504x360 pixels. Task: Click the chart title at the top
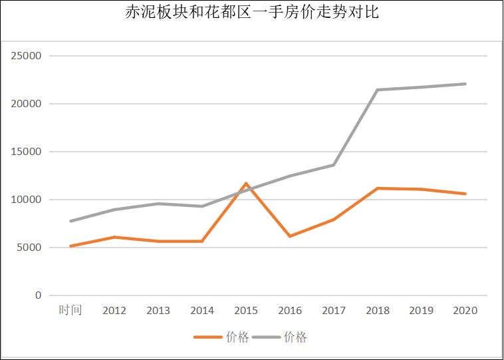[252, 13]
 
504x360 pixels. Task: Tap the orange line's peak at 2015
[246, 183]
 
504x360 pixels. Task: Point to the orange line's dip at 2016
[290, 236]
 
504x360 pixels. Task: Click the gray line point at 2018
[378, 90]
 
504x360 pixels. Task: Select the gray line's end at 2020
[465, 84]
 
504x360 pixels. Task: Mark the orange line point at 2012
[114, 237]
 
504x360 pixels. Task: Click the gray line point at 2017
[334, 165]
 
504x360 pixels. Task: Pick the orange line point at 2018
[378, 188]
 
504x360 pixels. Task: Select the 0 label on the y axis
[38, 295]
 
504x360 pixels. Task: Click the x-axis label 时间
[70, 310]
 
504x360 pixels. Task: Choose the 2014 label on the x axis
[202, 311]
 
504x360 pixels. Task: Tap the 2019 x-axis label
[422, 311]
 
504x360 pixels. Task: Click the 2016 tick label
[290, 311]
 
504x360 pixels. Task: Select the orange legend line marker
[207, 337]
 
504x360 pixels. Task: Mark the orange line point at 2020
[465, 194]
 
